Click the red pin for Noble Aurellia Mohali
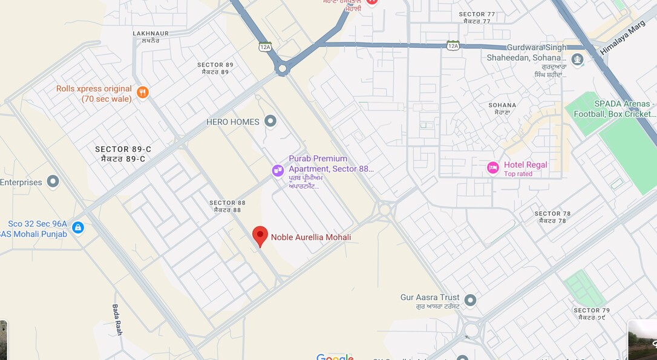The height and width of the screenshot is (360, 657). [260, 235]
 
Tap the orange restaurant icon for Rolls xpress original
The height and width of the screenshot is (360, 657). [143, 92]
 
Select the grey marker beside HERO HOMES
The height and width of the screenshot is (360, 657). [270, 122]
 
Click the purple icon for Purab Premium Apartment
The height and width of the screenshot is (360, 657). [278, 171]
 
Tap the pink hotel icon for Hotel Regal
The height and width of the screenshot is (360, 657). [493, 168]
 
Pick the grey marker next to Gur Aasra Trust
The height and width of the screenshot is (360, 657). [470, 299]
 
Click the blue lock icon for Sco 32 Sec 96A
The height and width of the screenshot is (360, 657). [77, 227]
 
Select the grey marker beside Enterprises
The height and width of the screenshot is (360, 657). [53, 182]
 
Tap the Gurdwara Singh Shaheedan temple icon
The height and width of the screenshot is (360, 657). [578, 59]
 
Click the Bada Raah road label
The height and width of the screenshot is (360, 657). [117, 319]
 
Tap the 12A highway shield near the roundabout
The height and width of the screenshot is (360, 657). [265, 47]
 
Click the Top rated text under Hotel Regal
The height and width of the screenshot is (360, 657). [518, 174]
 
